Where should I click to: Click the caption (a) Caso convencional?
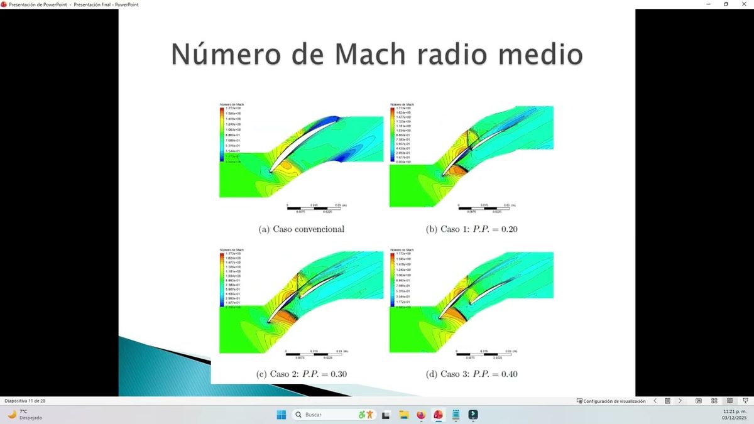[x=302, y=229]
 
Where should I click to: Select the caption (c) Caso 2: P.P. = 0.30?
[x=302, y=374]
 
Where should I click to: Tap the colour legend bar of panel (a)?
[x=222, y=135]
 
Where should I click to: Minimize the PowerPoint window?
[x=708, y=4]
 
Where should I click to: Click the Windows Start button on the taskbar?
[x=281, y=415]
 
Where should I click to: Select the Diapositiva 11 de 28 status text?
[x=25, y=401]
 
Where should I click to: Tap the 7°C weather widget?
[x=25, y=415]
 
